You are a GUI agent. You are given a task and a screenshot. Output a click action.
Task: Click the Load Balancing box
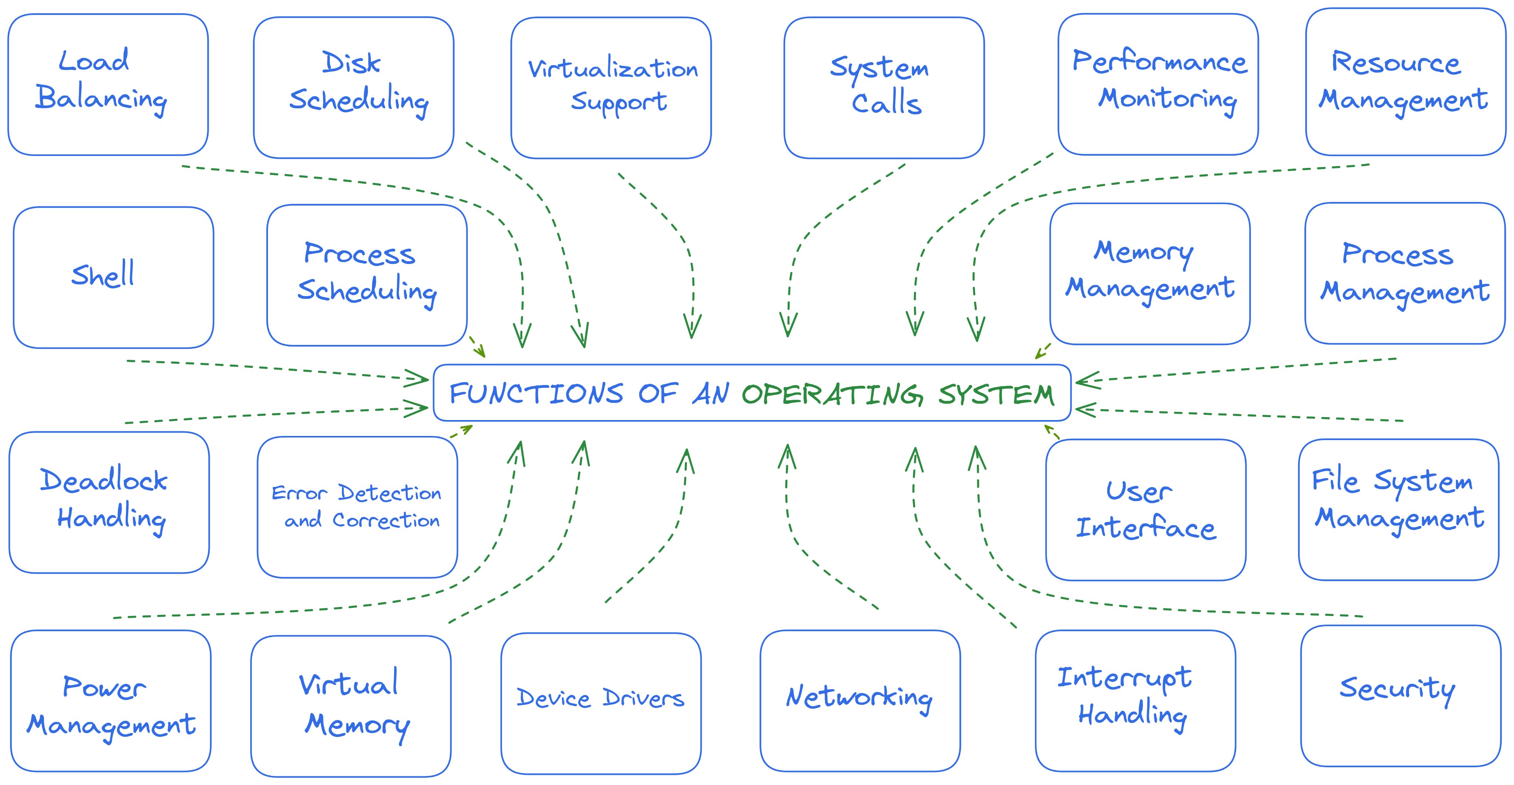coord(108,85)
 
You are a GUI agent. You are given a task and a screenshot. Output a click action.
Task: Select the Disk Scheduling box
coord(354,88)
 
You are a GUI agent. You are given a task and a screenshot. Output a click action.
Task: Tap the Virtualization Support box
coord(611,88)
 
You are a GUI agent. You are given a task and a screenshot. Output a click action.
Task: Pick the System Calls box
coord(884,88)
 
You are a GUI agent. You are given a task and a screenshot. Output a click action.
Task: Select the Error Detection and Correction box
coord(357,507)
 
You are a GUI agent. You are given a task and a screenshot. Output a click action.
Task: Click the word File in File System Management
coord(1335,480)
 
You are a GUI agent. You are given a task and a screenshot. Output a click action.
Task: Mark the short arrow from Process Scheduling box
coord(477,347)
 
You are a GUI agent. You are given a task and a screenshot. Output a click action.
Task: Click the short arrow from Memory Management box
coord(1043,351)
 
